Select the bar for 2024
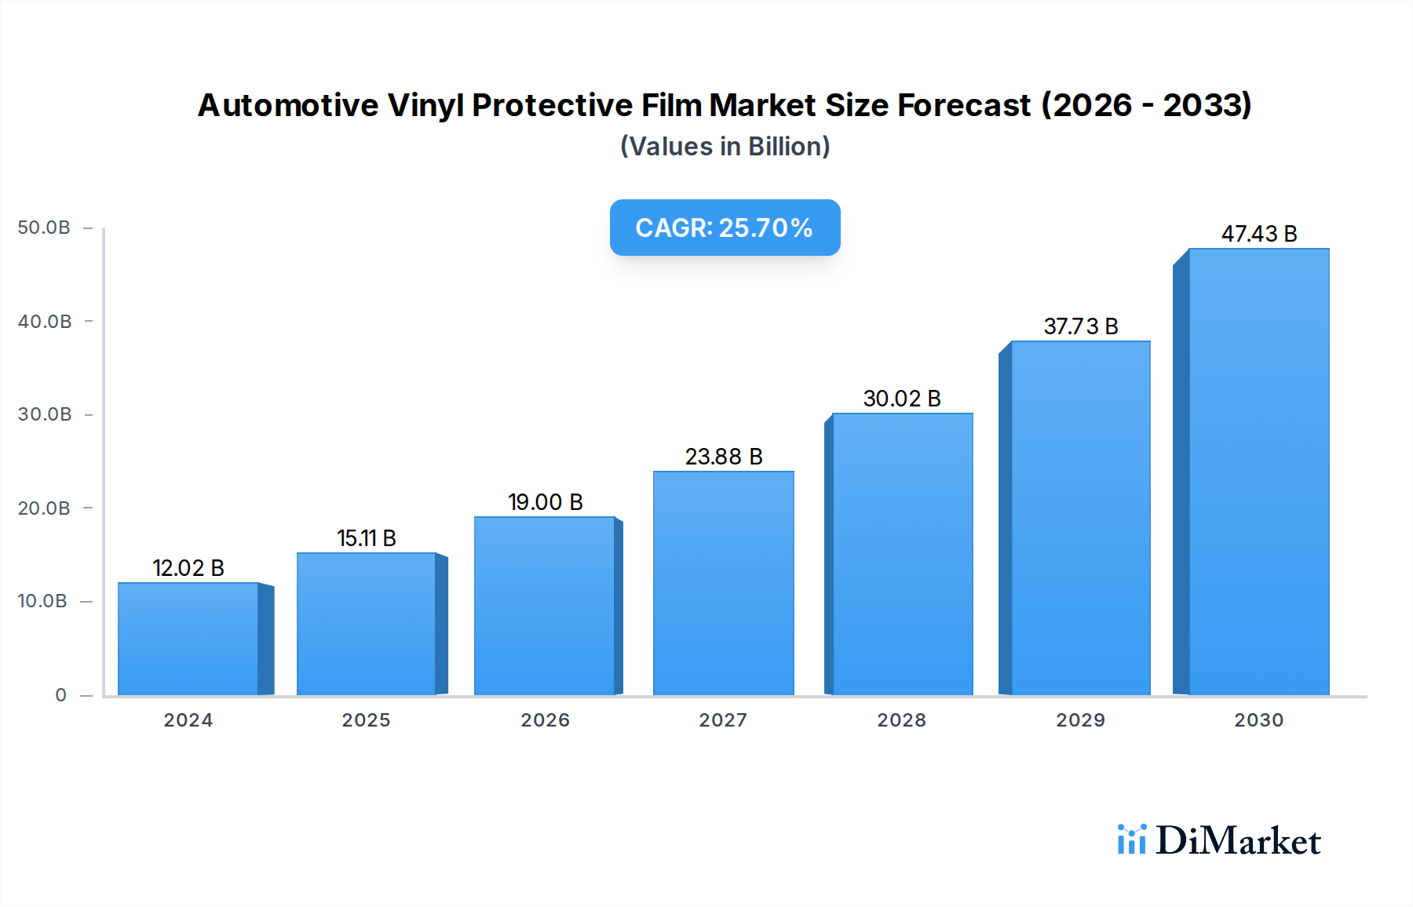[x=188, y=639]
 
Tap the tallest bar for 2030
[x=1258, y=472]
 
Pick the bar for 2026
[x=545, y=606]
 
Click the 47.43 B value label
[x=1258, y=234]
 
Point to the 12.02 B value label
[x=188, y=568]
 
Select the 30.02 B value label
[x=902, y=399]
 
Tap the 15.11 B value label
[x=367, y=538]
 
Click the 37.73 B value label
[x=1080, y=326]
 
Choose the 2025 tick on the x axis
[x=366, y=720]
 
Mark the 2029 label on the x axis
[x=1080, y=720]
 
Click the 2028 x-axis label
[x=901, y=720]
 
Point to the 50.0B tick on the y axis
[x=44, y=228]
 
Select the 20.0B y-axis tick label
[x=44, y=508]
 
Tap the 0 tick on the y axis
[x=60, y=695]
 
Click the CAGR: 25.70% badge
[x=725, y=228]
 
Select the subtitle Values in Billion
[x=725, y=147]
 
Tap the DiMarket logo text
[x=1238, y=841]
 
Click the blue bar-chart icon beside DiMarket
[x=1131, y=840]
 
